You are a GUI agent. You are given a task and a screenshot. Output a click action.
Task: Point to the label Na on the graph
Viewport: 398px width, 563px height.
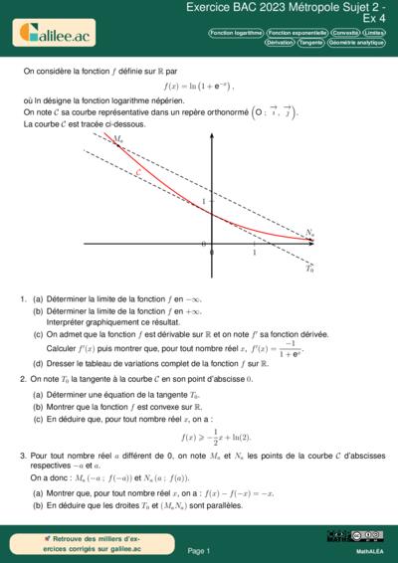click(310, 234)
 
